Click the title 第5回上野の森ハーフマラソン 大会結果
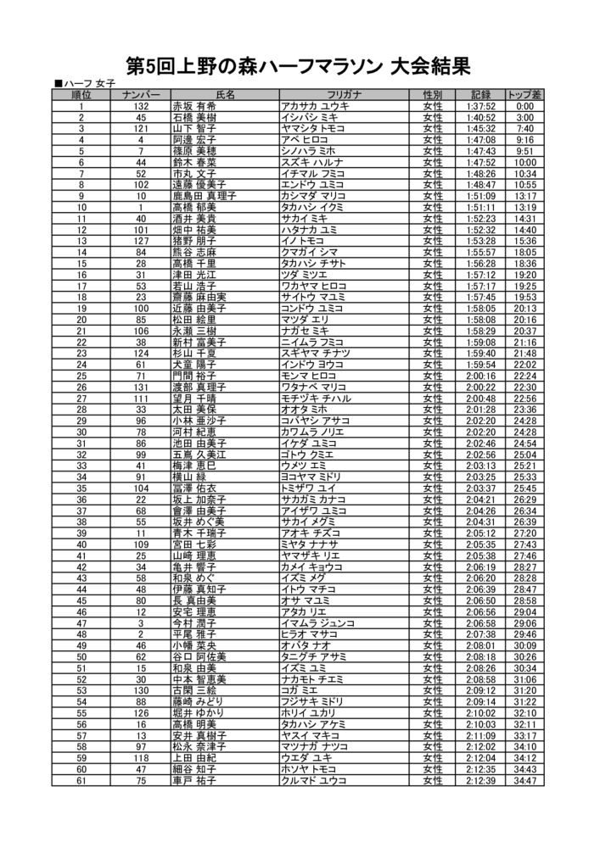298,65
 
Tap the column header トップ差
524,94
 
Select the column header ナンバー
140,94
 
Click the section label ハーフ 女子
85,83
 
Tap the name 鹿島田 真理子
204,194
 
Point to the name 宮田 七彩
194,544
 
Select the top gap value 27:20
524,532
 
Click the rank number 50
81,656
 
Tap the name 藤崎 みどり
199,701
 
